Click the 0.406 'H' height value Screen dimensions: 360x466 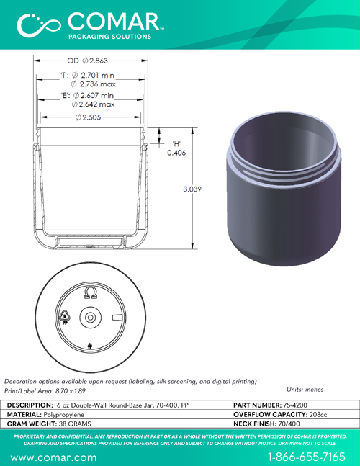pos(176,153)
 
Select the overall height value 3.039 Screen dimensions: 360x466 pos(192,189)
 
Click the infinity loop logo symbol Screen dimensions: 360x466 pos(39,25)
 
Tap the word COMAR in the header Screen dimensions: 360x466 pos(114,22)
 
